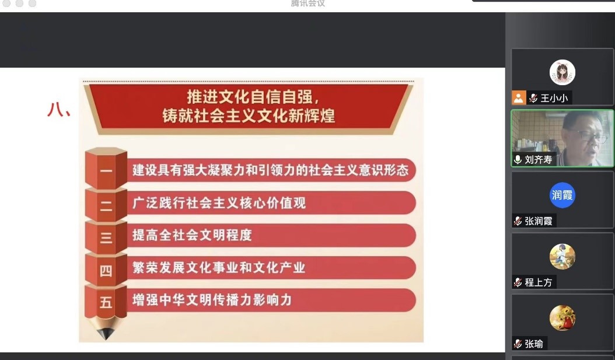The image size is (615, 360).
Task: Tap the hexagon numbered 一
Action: pos(106,169)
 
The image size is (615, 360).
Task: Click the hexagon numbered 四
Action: pos(106,270)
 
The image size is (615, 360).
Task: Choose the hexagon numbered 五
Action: pos(106,302)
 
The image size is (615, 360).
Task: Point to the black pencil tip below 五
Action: pos(106,333)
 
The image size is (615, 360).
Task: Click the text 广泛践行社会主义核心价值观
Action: pos(219,202)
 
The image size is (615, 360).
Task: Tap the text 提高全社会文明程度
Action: pos(192,235)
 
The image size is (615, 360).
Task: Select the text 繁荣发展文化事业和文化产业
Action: pos(218,267)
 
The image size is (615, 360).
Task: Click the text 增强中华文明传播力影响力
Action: pos(212,300)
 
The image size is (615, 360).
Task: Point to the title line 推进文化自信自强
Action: pos(253,96)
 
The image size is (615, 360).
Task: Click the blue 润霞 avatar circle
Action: pos(562,195)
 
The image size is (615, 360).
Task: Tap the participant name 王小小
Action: pos(554,98)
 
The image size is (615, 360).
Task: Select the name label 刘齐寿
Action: pos(538,160)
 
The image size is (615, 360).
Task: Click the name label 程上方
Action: pos(538,282)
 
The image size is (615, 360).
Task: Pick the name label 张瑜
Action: pos(534,344)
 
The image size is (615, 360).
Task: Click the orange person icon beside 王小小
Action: pos(519,97)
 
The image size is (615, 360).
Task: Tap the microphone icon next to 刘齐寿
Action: pos(518,160)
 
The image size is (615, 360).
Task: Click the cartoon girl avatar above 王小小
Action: pos(562,72)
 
